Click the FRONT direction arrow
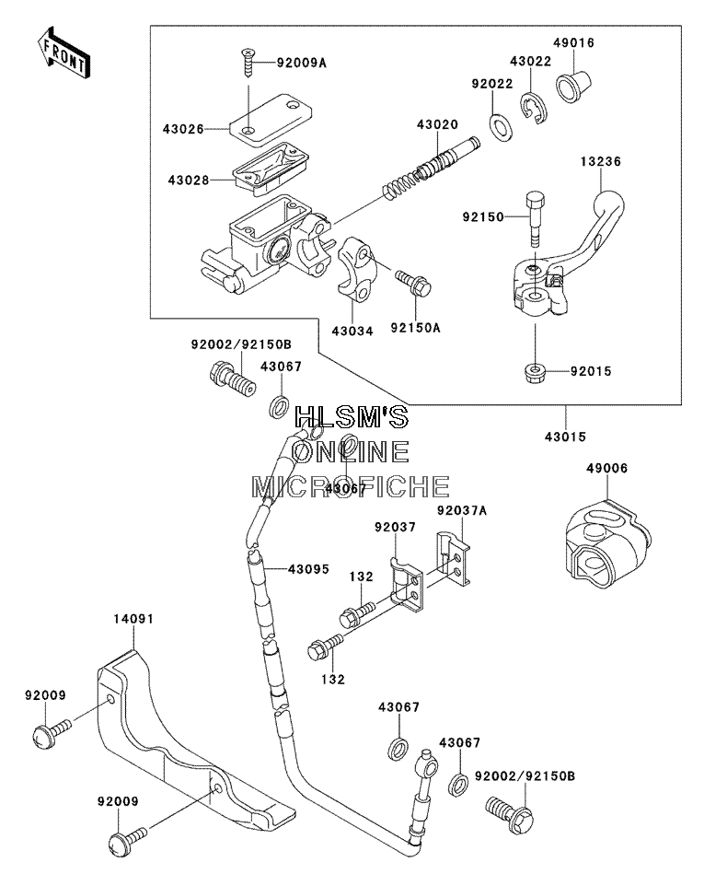coord(62,52)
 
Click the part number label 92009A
coord(302,63)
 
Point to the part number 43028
coord(189,180)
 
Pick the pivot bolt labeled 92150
coord(535,218)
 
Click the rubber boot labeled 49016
coord(575,85)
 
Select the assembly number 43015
coord(565,437)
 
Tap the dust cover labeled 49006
coord(606,544)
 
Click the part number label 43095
coord(308,569)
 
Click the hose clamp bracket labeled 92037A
coord(453,559)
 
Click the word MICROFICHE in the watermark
coord(351,486)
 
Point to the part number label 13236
coord(600,161)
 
